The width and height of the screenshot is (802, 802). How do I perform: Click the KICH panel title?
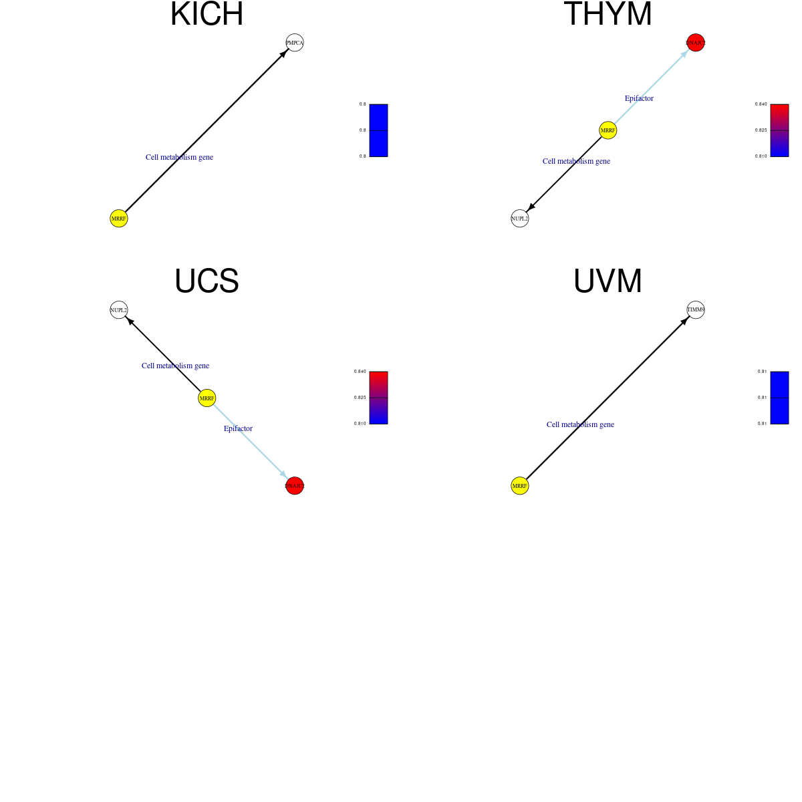pyautogui.click(x=207, y=15)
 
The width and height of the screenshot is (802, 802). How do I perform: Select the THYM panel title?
pyautogui.click(x=608, y=15)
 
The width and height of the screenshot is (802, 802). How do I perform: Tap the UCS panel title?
pyautogui.click(x=207, y=281)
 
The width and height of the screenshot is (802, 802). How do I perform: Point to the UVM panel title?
pyautogui.click(x=608, y=281)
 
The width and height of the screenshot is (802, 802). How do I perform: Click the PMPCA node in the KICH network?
pyautogui.click(x=295, y=43)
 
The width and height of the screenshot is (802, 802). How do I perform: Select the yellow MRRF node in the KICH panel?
pyautogui.click(x=119, y=219)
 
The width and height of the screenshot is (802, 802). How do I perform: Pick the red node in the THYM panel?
pyautogui.click(x=696, y=43)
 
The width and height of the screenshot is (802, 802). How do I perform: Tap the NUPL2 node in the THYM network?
pyautogui.click(x=520, y=219)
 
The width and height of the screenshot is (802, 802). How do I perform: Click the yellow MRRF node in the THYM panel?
pyautogui.click(x=608, y=130)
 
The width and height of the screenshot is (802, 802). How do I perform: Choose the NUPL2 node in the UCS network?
pyautogui.click(x=119, y=310)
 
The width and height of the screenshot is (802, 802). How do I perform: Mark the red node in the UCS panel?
pyautogui.click(x=295, y=486)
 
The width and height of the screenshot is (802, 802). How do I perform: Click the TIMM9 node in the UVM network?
pyautogui.click(x=696, y=310)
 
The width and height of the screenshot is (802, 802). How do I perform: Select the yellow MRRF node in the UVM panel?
pyautogui.click(x=520, y=486)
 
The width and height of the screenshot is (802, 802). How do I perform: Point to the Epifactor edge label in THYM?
pyautogui.click(x=639, y=98)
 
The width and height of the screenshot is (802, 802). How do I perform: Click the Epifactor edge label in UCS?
pyautogui.click(x=238, y=428)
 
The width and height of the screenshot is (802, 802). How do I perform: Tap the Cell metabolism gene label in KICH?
pyautogui.click(x=179, y=157)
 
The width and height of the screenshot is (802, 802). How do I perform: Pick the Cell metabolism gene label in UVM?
pyautogui.click(x=580, y=424)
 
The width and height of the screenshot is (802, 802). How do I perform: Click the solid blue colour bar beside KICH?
pyautogui.click(x=378, y=130)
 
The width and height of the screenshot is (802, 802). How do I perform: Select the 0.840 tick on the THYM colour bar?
pyautogui.click(x=761, y=104)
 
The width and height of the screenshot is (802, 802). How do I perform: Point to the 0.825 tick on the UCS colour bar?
pyautogui.click(x=360, y=398)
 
